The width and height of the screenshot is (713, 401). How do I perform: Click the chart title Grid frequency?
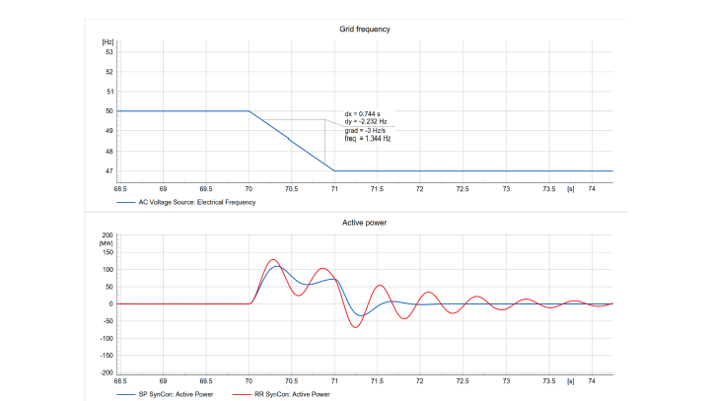coord(365,29)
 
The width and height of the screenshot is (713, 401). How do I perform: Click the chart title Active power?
coord(365,223)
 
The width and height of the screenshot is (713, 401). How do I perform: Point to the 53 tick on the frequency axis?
coord(109,51)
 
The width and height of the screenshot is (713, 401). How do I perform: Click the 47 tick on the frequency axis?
coord(109,170)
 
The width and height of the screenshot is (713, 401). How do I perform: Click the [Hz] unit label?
coord(107,41)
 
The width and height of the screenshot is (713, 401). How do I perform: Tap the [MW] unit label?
coord(107,242)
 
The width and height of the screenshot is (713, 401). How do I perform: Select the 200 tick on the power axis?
coord(107,235)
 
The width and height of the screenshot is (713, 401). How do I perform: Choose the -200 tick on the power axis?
coord(106,373)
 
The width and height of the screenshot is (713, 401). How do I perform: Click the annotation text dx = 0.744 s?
coord(362,114)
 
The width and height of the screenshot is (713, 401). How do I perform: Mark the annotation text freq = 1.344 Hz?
coord(368,139)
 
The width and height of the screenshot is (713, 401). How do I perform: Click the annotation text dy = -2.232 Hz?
coord(366,122)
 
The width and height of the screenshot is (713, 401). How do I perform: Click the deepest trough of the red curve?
coord(357,327)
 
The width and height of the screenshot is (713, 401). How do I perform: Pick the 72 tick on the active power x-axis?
coord(420,379)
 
